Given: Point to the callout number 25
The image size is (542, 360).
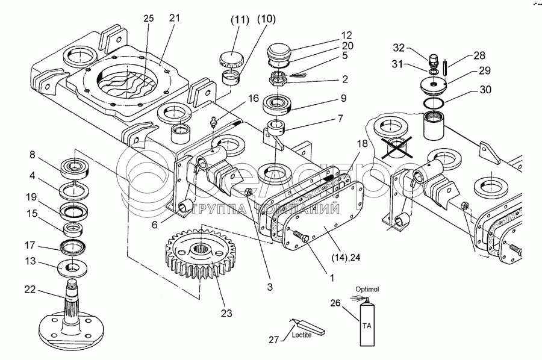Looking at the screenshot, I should (x=149, y=19).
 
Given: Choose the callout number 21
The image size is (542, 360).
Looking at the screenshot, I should (x=175, y=19).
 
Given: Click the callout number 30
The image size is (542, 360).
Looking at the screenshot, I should (x=485, y=90).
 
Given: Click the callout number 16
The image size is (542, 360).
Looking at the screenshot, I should (x=253, y=98).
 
